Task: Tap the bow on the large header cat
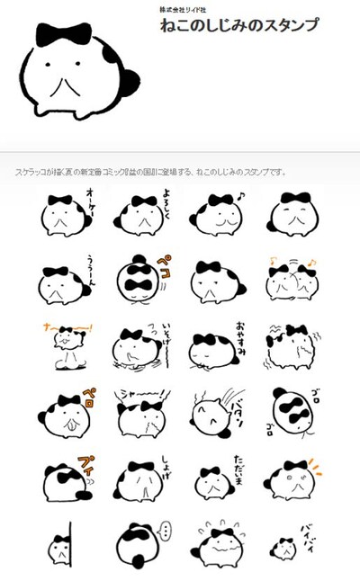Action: [x=64, y=36]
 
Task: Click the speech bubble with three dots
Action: [x=161, y=531]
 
